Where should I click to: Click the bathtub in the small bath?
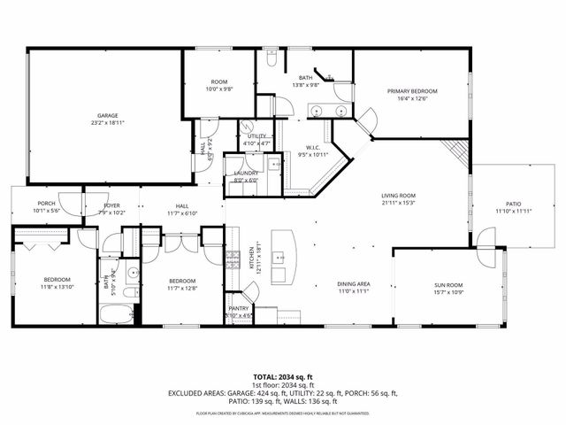116,314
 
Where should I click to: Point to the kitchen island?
283,247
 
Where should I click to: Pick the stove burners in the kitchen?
234,259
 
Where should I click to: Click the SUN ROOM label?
448,285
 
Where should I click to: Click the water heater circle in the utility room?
249,127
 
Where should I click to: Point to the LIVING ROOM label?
398,196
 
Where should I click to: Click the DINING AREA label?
353,284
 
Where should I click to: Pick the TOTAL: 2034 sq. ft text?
283,376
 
